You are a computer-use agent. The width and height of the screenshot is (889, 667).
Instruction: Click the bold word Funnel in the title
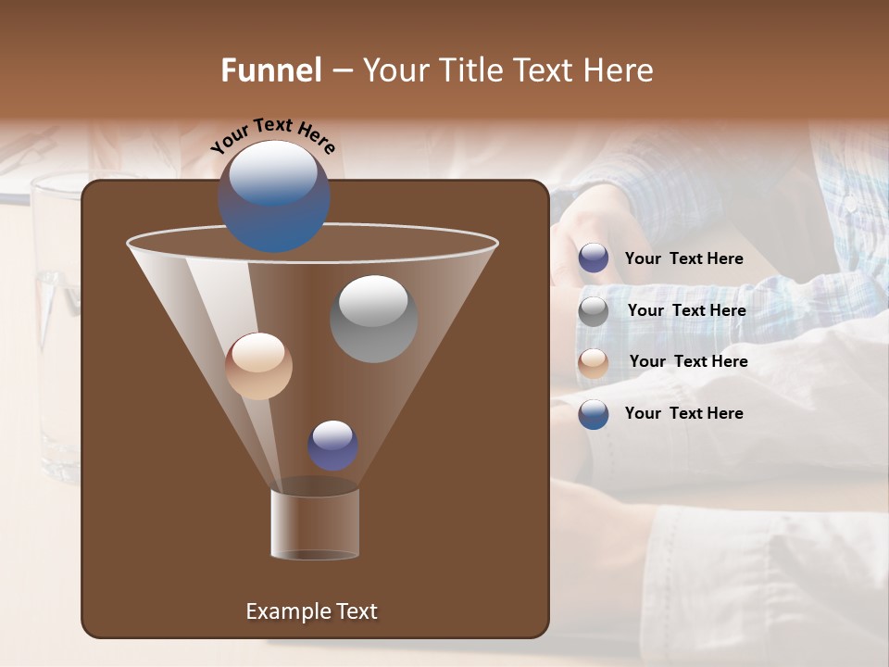point(271,70)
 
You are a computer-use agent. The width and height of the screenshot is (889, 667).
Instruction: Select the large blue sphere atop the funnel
point(273,195)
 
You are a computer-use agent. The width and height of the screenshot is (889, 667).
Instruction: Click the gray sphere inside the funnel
point(373,319)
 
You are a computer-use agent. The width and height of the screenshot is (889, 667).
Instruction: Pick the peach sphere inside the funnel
point(258,366)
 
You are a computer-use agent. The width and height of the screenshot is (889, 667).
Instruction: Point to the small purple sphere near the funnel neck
point(332,446)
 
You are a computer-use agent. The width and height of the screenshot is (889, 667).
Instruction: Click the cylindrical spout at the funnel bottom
point(315,523)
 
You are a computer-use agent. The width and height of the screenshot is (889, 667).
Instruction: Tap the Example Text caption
point(311,611)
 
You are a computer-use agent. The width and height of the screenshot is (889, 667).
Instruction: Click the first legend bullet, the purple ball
point(594,258)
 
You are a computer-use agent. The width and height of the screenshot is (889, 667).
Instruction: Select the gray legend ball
point(594,311)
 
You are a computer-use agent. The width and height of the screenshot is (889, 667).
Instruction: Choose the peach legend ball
point(594,362)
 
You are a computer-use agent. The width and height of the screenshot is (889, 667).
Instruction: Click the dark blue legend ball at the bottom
point(594,414)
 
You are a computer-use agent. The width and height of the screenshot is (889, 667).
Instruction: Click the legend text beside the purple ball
point(683,259)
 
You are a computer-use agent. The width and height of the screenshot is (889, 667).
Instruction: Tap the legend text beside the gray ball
point(686,311)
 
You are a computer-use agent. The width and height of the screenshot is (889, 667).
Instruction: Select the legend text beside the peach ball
point(688,362)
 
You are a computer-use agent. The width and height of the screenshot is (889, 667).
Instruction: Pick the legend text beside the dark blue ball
point(683,414)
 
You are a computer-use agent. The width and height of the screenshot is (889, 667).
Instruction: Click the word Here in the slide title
point(620,70)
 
